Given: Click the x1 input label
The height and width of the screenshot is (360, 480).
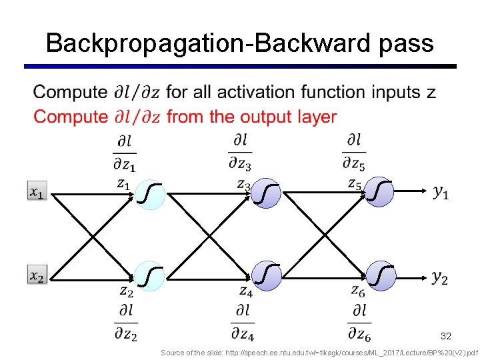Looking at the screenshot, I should click(37, 191).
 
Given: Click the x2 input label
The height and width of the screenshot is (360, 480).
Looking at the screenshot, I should click(37, 275).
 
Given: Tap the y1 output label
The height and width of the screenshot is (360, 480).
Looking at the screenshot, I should click(441, 193).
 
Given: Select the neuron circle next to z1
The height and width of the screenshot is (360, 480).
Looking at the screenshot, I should click(151, 194).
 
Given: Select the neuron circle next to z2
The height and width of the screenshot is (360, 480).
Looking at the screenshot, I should click(151, 275).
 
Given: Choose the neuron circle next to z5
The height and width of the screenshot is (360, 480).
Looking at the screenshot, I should click(380, 193).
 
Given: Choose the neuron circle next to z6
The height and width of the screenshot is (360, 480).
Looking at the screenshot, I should click(380, 275).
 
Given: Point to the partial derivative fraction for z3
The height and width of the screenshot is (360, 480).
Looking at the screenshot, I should click(241, 151).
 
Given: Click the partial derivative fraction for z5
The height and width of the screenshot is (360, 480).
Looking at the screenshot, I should click(355, 151).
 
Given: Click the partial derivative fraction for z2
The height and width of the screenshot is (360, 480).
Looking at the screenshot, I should click(125, 321).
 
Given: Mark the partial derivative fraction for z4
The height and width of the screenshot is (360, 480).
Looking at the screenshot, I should click(243, 321).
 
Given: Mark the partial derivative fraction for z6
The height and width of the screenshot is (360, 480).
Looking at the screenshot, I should click(360, 321).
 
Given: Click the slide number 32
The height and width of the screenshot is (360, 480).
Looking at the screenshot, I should click(445, 337).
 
